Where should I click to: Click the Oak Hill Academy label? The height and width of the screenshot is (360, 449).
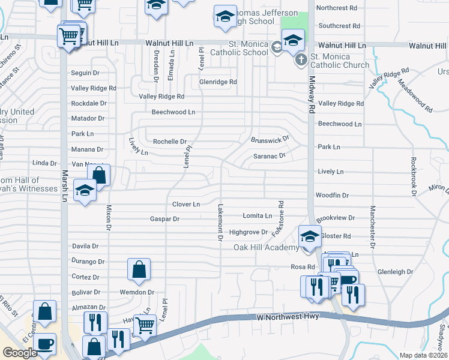point(266,248)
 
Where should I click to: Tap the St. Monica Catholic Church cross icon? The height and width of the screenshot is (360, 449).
point(301,59)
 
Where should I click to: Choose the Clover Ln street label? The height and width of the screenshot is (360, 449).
point(186,205)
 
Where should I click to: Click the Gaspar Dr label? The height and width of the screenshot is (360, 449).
point(164,220)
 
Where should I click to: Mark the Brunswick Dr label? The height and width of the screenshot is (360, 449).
point(270,139)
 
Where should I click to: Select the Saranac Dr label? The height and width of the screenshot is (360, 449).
point(268,155)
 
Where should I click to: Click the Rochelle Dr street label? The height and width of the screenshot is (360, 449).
point(170,142)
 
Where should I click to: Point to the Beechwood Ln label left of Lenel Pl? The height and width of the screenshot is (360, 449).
point(173,112)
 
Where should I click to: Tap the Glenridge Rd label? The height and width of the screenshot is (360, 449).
point(218,82)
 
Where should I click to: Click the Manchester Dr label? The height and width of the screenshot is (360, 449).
point(372,227)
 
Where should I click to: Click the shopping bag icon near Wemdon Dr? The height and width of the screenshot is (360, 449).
point(139,269)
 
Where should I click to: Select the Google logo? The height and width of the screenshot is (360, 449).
point(20,353)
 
